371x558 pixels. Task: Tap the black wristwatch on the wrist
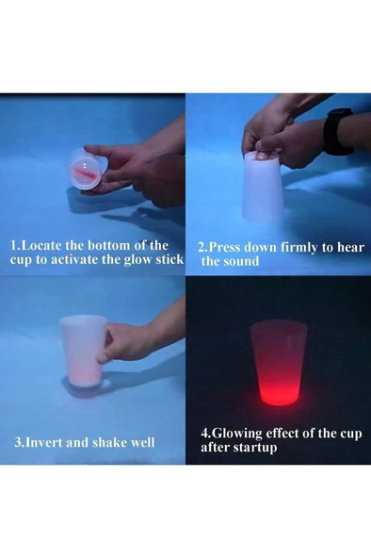pyautogui.click(x=337, y=130)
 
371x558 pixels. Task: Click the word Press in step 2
pyautogui.click(x=228, y=247)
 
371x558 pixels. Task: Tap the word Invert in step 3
pyautogui.click(x=47, y=441)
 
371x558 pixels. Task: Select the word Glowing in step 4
pyautogui.click(x=237, y=433)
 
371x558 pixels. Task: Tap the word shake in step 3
pyautogui.click(x=111, y=441)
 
